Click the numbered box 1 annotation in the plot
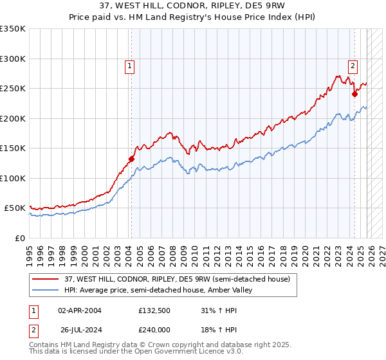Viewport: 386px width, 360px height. (x=129, y=65)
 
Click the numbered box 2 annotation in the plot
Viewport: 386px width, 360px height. (x=353, y=65)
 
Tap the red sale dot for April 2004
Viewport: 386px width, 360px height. (x=131, y=159)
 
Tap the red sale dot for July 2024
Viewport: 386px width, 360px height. (x=354, y=94)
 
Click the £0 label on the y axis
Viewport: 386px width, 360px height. (x=21, y=238)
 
